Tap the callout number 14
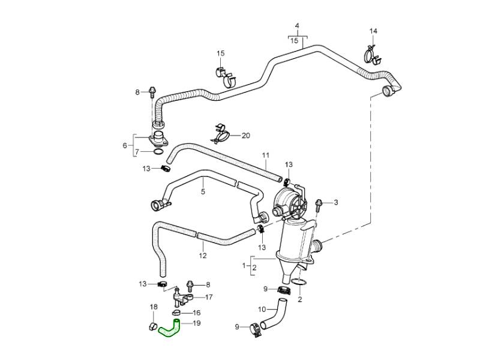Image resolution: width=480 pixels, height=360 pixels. click(x=373, y=31)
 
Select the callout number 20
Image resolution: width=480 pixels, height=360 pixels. click(x=245, y=136)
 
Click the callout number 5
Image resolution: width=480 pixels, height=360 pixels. click(x=203, y=192)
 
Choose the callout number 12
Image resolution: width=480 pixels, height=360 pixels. click(x=203, y=255)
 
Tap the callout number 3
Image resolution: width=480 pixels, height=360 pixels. click(x=335, y=202)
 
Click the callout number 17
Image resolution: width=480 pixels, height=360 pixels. click(x=209, y=297)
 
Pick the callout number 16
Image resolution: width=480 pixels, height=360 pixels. click(x=197, y=313)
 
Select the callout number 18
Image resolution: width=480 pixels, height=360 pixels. click(x=153, y=307)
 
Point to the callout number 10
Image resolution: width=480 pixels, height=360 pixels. click(x=262, y=310)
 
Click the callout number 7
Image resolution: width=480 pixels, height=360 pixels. click(x=136, y=152)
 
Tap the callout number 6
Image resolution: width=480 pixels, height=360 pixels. click(x=125, y=145)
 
